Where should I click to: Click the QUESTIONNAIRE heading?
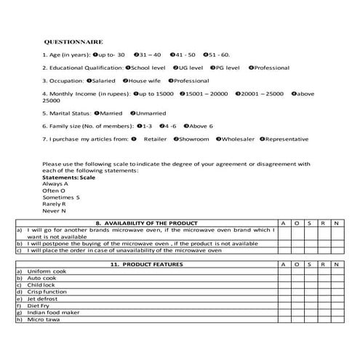tap(73, 42)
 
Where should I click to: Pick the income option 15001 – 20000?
tap(180, 94)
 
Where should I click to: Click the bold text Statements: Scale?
tap(69, 177)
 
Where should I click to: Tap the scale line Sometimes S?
tap(61, 197)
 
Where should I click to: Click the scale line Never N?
tap(55, 210)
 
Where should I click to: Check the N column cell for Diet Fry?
tap(335, 305)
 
